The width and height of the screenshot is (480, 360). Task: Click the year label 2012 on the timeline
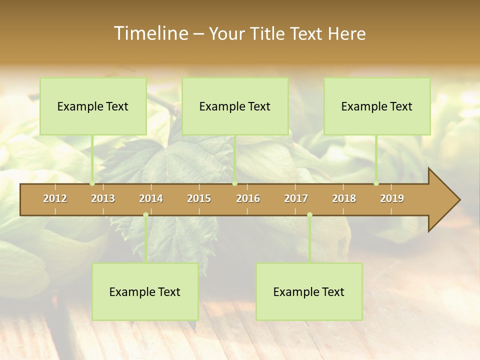[55, 198]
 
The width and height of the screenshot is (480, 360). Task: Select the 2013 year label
[103, 198]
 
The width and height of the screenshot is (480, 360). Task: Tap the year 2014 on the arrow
[151, 198]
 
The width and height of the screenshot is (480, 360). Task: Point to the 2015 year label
[199, 198]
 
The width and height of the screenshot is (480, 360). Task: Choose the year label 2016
[248, 198]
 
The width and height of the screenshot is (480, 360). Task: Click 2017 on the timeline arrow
[296, 198]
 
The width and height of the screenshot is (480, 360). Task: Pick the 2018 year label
[344, 198]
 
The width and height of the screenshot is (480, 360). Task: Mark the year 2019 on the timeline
[392, 198]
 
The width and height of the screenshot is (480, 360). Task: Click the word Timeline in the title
[150, 33]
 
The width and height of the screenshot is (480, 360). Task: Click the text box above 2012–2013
[93, 106]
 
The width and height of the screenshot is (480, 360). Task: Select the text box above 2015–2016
[235, 106]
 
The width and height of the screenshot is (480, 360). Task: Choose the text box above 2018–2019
[377, 106]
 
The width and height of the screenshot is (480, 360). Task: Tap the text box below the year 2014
[145, 291]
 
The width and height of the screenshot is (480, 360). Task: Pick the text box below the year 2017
[309, 291]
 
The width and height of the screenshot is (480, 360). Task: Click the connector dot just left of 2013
[92, 183]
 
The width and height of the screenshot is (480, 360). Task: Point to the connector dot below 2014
[145, 214]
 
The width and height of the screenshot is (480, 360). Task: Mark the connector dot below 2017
[309, 214]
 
